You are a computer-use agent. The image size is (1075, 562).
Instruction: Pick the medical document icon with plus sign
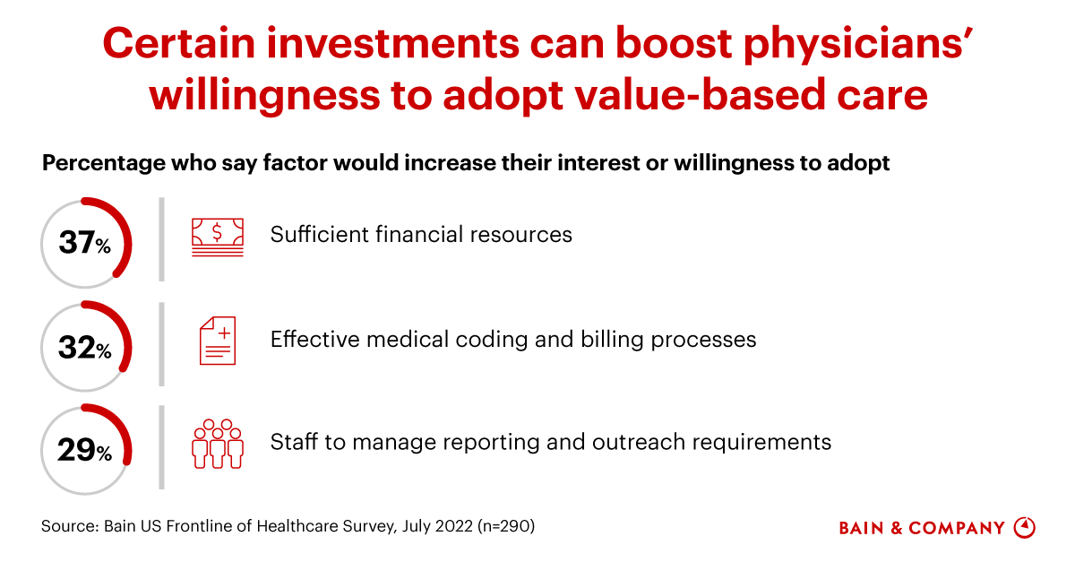click(218, 341)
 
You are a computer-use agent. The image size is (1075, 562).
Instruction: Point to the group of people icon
click(218, 443)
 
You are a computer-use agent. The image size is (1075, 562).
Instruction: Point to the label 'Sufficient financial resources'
click(421, 235)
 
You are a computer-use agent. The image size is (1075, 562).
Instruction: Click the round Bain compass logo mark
click(1024, 528)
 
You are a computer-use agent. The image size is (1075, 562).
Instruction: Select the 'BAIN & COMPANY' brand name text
click(922, 528)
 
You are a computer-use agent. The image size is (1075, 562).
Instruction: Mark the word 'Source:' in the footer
click(69, 527)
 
